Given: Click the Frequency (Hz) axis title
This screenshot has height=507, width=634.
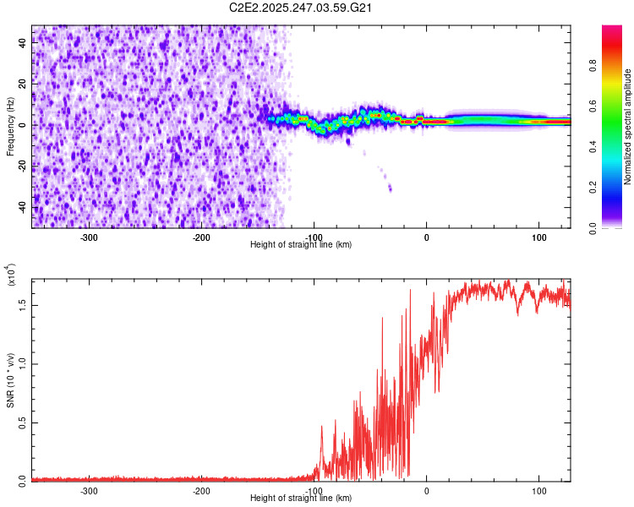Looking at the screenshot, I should tap(10, 128).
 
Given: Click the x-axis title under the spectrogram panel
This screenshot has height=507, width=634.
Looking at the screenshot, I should tap(301, 245).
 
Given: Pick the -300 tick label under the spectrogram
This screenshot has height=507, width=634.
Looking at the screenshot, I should tap(89, 237).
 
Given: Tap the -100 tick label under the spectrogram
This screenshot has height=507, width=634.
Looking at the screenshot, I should tap(314, 237).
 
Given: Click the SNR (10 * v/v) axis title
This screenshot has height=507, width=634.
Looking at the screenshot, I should tap(10, 379).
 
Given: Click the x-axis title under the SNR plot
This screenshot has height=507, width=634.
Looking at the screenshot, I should tap(301, 499).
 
